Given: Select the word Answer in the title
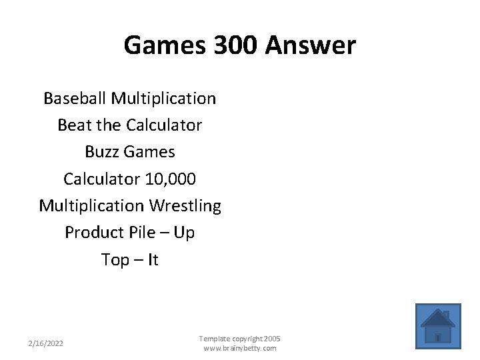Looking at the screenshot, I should pos(311,45).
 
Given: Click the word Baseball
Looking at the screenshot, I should pos(75,99).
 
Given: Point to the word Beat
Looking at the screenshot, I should pos(73,125).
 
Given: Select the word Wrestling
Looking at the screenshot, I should pos(185,206).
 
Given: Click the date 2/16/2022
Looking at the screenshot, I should pos(46,343).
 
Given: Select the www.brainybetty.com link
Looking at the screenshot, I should pos(239,348).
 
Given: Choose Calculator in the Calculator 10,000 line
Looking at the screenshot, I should pos(101,179).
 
